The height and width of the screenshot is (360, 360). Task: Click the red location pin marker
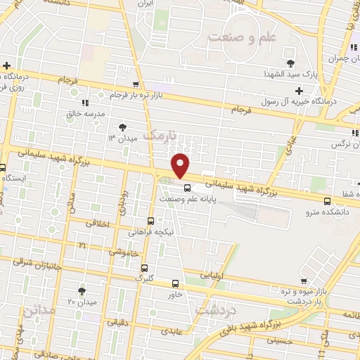pyautogui.click(x=181, y=165)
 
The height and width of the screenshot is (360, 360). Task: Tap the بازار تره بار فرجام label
pyautogui.click(x=141, y=94)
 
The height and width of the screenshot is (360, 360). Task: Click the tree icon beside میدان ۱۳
pyautogui.click(x=124, y=127)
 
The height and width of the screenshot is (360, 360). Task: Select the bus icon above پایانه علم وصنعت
pyautogui.click(x=187, y=187)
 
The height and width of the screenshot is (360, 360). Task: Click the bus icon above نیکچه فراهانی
pyautogui.click(x=152, y=219)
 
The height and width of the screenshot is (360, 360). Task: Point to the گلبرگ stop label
pyautogui.click(x=144, y=278)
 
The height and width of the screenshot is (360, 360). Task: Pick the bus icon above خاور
pyautogui.click(x=175, y=284)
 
